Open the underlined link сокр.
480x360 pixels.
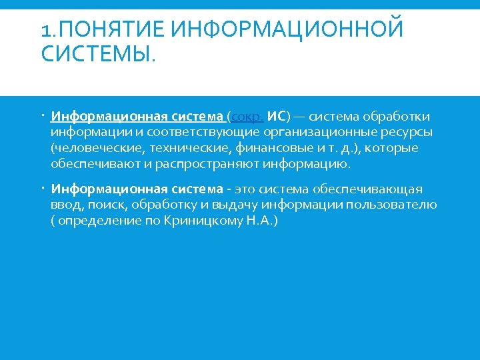(247, 117)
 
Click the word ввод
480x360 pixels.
(65, 205)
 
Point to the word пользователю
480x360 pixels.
(398, 205)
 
